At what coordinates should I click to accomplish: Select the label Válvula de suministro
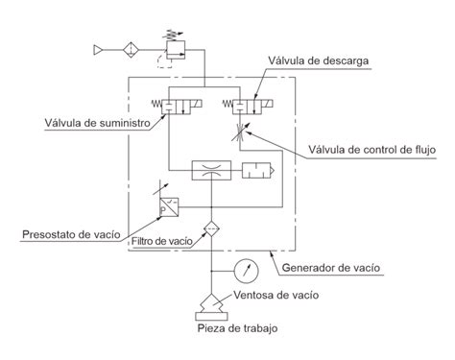tap(89, 122)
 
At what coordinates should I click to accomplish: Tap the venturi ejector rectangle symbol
tap(208, 171)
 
